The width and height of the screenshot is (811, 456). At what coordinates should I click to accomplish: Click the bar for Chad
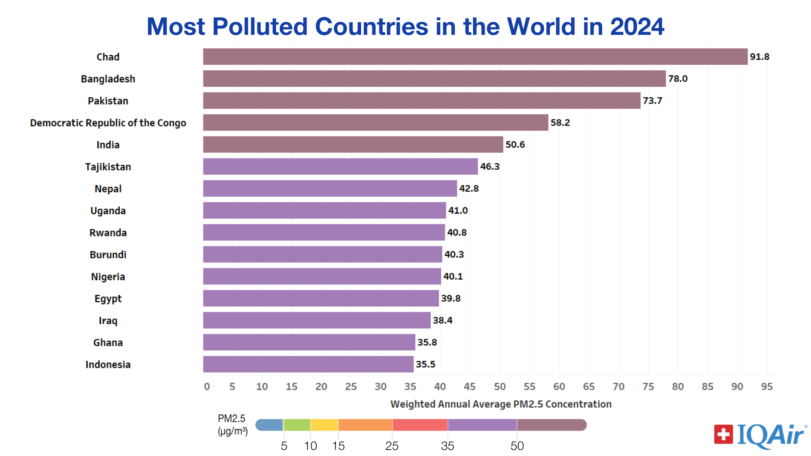pos(474,57)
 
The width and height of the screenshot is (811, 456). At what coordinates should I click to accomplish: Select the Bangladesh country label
pos(108,79)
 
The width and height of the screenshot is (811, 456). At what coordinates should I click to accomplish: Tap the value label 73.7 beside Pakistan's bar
pos(652,101)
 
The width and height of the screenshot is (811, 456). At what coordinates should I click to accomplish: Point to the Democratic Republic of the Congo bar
pos(375,122)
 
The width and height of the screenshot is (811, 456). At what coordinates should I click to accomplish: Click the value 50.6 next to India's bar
pos(515,145)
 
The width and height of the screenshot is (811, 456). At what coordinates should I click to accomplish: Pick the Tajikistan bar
pos(340,167)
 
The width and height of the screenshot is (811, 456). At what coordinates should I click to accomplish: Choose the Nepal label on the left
pos(108,189)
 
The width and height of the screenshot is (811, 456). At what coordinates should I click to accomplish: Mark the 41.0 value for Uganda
pos(458,210)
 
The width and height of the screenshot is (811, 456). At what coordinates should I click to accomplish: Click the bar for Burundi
pos(322,255)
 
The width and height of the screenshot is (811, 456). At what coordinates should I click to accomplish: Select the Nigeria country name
pos(108,277)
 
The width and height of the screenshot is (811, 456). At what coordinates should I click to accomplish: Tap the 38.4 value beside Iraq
pos(442,320)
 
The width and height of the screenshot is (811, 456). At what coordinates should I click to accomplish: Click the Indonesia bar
pos(308,364)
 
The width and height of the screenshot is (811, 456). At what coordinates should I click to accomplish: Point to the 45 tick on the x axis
pos(470,387)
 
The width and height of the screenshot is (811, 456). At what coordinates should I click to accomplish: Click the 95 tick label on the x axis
pos(766,387)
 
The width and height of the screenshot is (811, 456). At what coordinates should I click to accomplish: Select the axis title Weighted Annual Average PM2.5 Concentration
pos(501,404)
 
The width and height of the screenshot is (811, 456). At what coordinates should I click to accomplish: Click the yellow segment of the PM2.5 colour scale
pos(324,425)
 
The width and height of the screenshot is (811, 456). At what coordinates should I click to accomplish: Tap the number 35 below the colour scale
pos(447,446)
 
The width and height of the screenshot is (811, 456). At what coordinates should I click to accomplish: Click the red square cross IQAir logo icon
pos(723,434)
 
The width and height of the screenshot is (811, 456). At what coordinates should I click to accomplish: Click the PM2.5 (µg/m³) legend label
pos(232,425)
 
